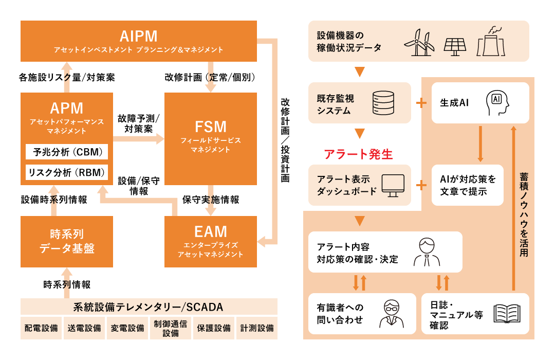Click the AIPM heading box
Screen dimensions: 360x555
pyautogui.click(x=138, y=41)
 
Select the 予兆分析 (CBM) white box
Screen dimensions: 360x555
pyautogui.click(x=67, y=152)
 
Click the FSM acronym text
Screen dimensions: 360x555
pyautogui.click(x=210, y=127)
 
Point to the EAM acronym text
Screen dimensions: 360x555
pyautogui.click(x=210, y=231)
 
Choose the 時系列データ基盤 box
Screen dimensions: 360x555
pyautogui.click(x=67, y=242)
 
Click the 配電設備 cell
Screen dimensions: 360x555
pyautogui.click(x=41, y=328)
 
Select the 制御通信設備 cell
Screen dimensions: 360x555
pyautogui.click(x=170, y=328)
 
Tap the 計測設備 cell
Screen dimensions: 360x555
pyautogui.click(x=256, y=328)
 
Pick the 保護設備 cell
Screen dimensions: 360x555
pyautogui.click(x=213, y=328)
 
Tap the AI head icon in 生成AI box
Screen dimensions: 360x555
pyautogui.click(x=497, y=103)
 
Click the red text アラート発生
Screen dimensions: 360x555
pyautogui.click(x=358, y=154)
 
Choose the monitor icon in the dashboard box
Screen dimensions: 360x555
pyautogui.click(x=393, y=185)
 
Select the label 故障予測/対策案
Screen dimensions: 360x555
pyautogui.click(x=138, y=123)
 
